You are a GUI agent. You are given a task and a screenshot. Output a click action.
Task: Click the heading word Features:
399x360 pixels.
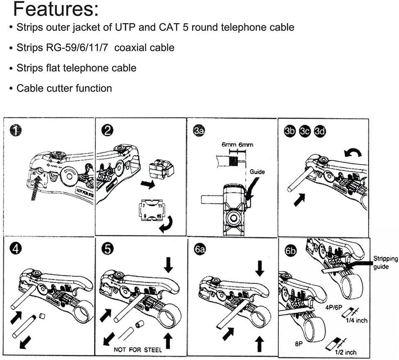point(56,10)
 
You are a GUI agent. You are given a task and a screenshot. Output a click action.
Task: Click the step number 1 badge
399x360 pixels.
point(15,131)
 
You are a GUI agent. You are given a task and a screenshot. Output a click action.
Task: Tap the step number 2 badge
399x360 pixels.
point(107,131)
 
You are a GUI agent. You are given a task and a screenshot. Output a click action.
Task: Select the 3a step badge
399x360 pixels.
point(199,131)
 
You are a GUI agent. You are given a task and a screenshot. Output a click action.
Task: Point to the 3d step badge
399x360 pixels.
point(320,131)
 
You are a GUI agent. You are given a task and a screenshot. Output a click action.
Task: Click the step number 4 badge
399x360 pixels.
point(16,250)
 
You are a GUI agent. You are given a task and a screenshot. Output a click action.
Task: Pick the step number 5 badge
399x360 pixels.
point(107,250)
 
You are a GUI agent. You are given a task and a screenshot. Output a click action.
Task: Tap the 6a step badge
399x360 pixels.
point(199,250)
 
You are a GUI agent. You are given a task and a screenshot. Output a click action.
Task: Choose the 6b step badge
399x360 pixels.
point(291,250)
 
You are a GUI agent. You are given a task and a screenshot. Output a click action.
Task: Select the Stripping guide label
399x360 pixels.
point(385,263)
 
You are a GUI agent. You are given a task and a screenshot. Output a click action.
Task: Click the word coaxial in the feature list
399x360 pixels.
point(135,48)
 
